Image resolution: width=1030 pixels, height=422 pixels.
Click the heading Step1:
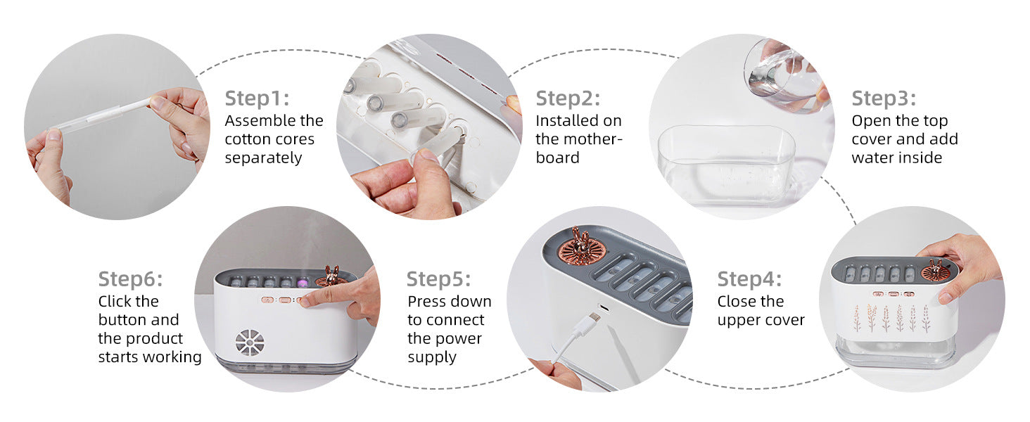257,98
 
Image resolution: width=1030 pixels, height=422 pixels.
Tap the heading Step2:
568,98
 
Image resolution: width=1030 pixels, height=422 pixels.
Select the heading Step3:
884,98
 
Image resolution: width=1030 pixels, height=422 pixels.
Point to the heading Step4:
749,279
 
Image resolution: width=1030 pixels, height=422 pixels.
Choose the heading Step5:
438,279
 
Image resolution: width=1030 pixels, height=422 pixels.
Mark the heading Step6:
130,279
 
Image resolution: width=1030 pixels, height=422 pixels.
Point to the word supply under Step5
432,357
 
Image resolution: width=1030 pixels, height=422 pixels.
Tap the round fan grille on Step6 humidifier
250,343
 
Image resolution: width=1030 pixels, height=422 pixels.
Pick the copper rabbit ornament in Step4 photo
936,269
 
